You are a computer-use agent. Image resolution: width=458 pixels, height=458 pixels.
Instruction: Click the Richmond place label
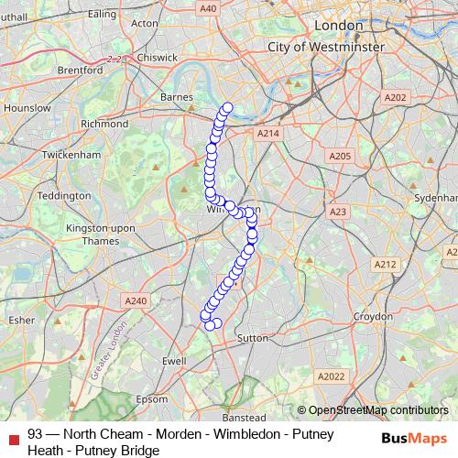104,124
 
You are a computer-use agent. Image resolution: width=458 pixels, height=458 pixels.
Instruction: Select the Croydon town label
374,316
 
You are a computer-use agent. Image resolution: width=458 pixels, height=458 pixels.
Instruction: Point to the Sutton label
252,338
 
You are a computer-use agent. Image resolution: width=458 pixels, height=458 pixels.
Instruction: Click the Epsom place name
152,399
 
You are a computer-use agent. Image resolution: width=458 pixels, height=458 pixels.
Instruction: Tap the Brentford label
80,70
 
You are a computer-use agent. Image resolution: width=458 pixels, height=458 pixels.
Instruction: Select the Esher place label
20,321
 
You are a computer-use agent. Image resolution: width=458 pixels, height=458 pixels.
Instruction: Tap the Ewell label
174,362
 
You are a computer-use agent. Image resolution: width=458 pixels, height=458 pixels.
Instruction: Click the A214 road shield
267,134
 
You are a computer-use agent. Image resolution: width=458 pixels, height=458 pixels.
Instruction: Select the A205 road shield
340,157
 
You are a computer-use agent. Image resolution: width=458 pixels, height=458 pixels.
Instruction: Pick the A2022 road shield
331,376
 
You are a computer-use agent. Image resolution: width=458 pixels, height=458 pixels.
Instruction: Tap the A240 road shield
136,300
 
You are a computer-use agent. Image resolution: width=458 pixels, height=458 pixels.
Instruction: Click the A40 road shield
208,8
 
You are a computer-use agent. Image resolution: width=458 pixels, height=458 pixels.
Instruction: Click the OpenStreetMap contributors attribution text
377,410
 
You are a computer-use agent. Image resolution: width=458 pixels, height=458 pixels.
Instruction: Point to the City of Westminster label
325,45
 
